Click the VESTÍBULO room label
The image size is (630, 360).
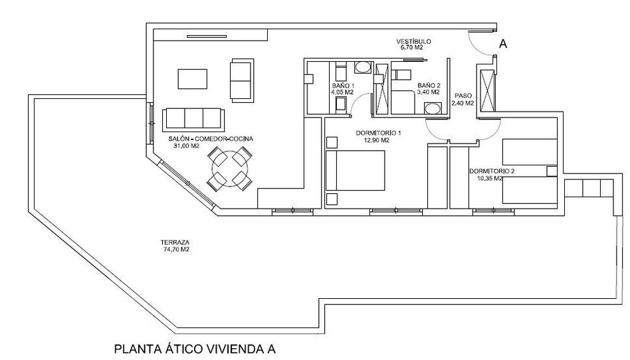pos(413,41)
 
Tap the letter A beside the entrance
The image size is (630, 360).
pos(502,45)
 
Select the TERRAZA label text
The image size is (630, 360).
pos(175,242)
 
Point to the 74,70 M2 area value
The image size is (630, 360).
pos(174,249)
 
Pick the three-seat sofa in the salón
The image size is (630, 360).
pos(193,120)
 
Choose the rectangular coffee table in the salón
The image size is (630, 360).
pos(193,79)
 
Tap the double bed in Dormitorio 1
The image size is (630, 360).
pos(355,170)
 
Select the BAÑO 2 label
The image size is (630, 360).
pos(429,86)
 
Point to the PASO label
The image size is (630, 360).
pos(463,96)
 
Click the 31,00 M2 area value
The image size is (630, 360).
pos(187,146)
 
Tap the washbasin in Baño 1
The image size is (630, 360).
pos(363,67)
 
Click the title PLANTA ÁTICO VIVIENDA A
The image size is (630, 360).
pos(195,348)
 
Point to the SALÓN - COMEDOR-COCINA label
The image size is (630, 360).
pos(211,139)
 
